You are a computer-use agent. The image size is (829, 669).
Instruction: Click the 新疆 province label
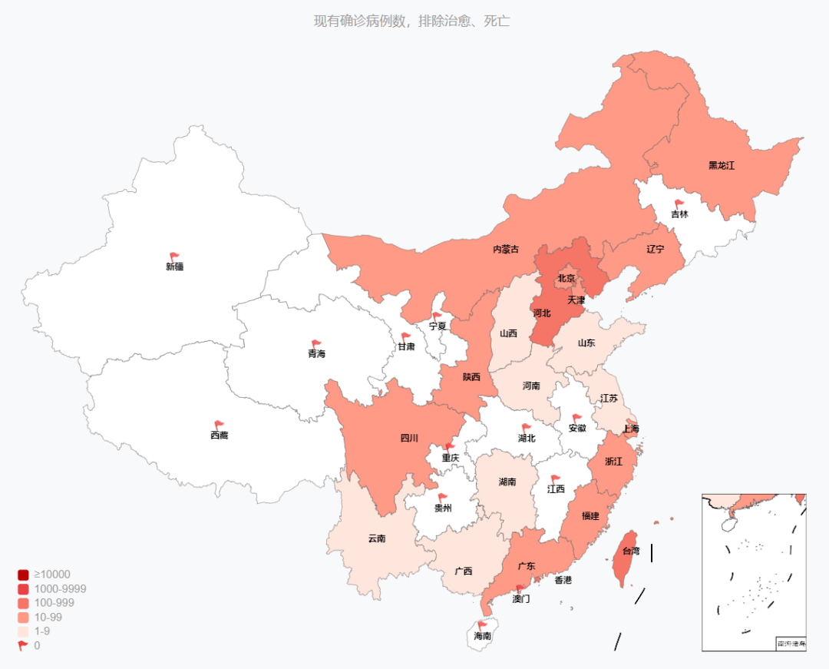[174, 267]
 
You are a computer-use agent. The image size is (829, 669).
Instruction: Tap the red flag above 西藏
[219, 425]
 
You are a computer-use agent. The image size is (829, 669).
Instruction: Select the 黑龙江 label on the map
[722, 165]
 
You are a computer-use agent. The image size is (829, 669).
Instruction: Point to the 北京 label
[566, 278]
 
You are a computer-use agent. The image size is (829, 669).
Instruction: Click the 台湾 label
[630, 551]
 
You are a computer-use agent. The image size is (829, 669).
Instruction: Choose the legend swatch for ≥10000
[23, 575]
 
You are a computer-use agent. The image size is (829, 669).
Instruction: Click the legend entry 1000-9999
[60, 589]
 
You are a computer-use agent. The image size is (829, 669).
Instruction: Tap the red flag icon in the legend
[23, 646]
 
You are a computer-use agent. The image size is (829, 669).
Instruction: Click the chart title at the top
[411, 22]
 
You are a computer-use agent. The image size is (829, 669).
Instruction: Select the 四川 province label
[409, 439]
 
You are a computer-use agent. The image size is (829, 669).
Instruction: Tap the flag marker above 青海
[316, 344]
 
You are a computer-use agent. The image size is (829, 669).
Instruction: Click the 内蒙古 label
[505, 250]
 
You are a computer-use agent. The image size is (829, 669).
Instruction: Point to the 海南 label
[483, 637]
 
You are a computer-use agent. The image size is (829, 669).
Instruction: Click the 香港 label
[563, 580]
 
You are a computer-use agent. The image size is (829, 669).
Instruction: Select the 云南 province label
[376, 538]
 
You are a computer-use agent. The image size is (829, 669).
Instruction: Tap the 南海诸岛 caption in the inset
[791, 644]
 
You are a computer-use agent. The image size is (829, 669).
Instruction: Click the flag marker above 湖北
[527, 428]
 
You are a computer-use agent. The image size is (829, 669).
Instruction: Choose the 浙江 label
[613, 462]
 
